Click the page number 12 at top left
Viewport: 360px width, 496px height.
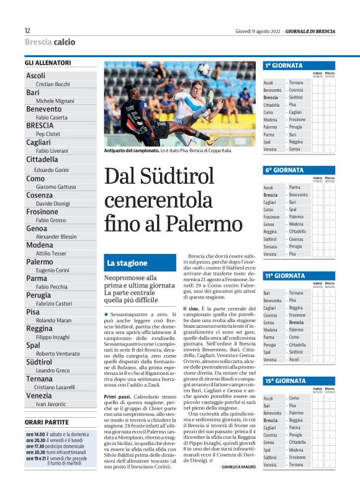tap(27, 31)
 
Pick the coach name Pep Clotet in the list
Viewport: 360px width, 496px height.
tap(48, 133)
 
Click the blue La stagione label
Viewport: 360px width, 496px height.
tap(127, 263)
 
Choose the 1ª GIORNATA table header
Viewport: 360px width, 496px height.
tap(284, 65)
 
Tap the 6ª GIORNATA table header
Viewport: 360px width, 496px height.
tap(284, 169)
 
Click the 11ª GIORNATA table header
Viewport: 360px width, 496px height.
tap(286, 276)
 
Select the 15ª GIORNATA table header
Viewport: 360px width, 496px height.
tap(286, 381)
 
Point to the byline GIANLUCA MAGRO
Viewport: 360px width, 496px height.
tap(238, 466)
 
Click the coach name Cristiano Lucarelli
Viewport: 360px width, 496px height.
tap(56, 387)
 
